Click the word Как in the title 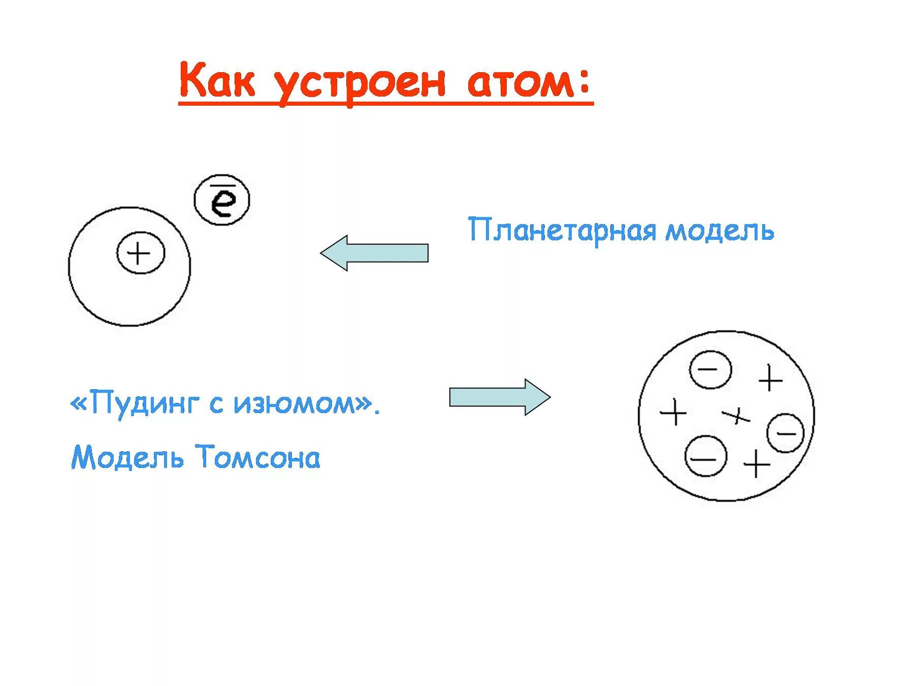[x=217, y=81]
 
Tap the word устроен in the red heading [x=360, y=84]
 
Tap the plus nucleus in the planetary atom [x=140, y=253]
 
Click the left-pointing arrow [x=374, y=253]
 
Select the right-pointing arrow [x=500, y=397]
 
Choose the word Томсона [x=258, y=457]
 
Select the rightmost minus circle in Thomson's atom [x=786, y=433]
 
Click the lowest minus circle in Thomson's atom [x=705, y=456]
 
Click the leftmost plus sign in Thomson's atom [x=673, y=412]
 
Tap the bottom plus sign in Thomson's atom [x=757, y=463]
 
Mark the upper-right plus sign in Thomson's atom [x=770, y=379]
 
